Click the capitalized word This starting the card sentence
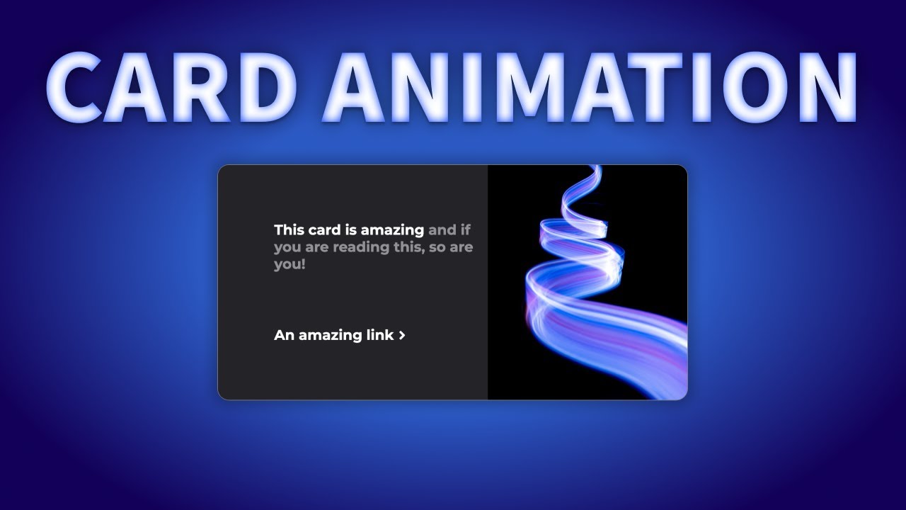click(289, 229)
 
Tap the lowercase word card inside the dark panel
click(325, 229)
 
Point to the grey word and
click(442, 229)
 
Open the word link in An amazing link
click(379, 335)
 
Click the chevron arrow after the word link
click(402, 336)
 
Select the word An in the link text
click(284, 335)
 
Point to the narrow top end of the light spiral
click(595, 169)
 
